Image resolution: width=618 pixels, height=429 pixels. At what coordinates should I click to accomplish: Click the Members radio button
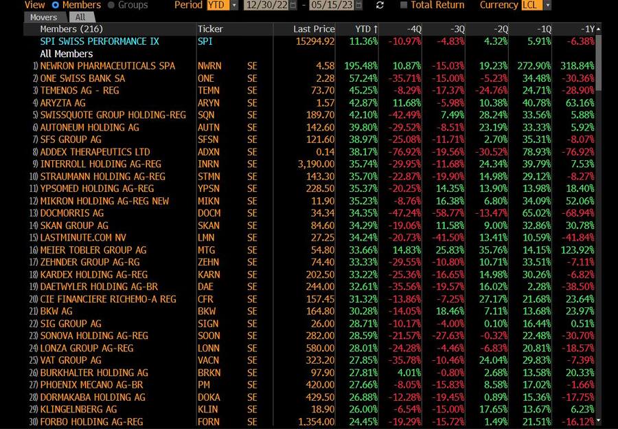(56, 5)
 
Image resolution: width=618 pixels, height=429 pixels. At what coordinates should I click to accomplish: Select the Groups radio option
(112, 5)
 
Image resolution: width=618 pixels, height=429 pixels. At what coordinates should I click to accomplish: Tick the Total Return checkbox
(404, 5)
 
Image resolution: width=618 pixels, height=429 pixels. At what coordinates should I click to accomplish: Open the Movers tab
(44, 17)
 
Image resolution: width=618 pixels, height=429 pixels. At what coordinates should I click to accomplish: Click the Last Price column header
(314, 29)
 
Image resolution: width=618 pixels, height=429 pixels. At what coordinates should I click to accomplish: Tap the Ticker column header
(210, 29)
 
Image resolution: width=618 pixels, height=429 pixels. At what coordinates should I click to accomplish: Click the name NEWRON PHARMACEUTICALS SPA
(108, 66)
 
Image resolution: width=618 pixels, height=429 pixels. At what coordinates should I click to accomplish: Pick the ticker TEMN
(209, 91)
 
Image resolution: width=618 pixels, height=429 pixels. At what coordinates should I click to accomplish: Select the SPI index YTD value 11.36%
(363, 41)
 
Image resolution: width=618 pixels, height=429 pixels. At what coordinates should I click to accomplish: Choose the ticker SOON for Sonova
(209, 336)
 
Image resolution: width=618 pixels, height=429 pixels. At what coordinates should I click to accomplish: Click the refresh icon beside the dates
(380, 5)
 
